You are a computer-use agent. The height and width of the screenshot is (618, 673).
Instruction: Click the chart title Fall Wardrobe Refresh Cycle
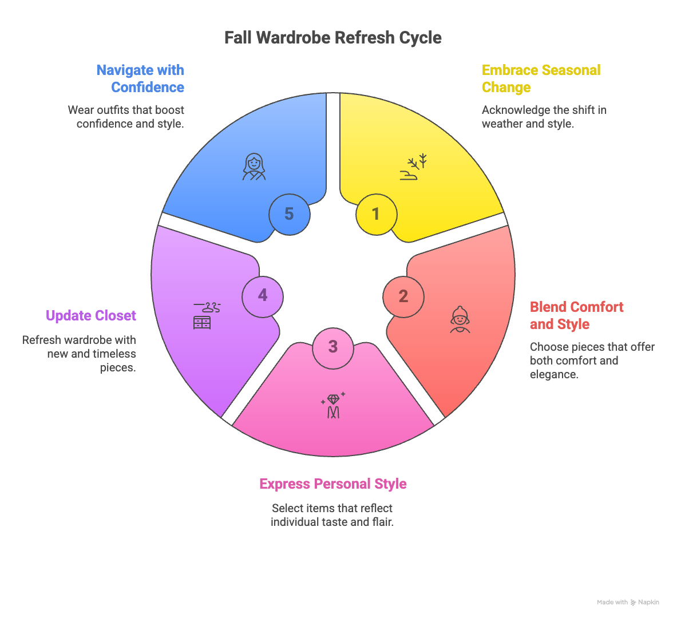tap(332, 38)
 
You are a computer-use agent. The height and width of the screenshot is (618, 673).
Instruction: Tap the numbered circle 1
tap(375, 214)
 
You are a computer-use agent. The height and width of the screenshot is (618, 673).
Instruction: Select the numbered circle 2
tap(403, 296)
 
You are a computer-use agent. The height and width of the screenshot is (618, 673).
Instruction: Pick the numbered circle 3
tap(333, 347)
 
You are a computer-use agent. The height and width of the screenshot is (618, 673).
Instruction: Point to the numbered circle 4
tap(263, 295)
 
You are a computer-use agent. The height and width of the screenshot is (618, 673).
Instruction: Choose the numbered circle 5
tap(289, 214)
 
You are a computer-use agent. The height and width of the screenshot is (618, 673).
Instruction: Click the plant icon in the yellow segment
tap(414, 167)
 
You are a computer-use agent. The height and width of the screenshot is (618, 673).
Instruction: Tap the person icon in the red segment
tap(460, 319)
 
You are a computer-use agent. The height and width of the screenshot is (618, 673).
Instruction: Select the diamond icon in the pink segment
tap(333, 405)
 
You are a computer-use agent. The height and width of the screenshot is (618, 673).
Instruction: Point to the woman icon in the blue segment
tap(254, 167)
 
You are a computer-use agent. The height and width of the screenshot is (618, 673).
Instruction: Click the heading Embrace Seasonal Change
tap(541, 78)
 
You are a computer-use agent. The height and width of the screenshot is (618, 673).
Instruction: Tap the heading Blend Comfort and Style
tap(576, 315)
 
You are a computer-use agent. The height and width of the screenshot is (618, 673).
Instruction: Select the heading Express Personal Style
tap(333, 484)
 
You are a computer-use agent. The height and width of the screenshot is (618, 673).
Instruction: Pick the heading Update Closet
tap(91, 316)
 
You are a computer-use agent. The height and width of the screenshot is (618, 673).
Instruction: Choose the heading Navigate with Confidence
tap(141, 78)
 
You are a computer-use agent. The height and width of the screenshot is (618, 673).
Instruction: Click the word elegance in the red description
tap(552, 375)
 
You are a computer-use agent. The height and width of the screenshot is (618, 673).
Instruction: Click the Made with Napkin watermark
tap(628, 602)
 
